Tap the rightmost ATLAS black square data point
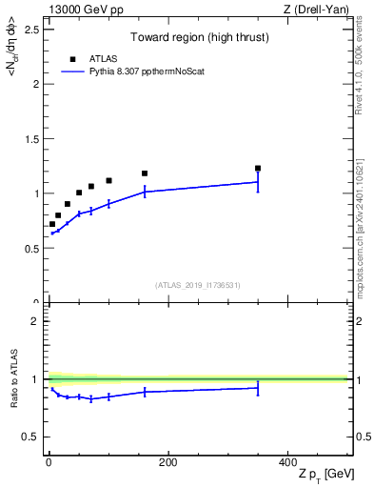point(258,168)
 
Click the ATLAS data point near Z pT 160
point(145,173)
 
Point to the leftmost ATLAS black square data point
point(52,224)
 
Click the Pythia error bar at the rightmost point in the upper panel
point(258,181)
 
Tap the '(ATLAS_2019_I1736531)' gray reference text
point(199,285)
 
